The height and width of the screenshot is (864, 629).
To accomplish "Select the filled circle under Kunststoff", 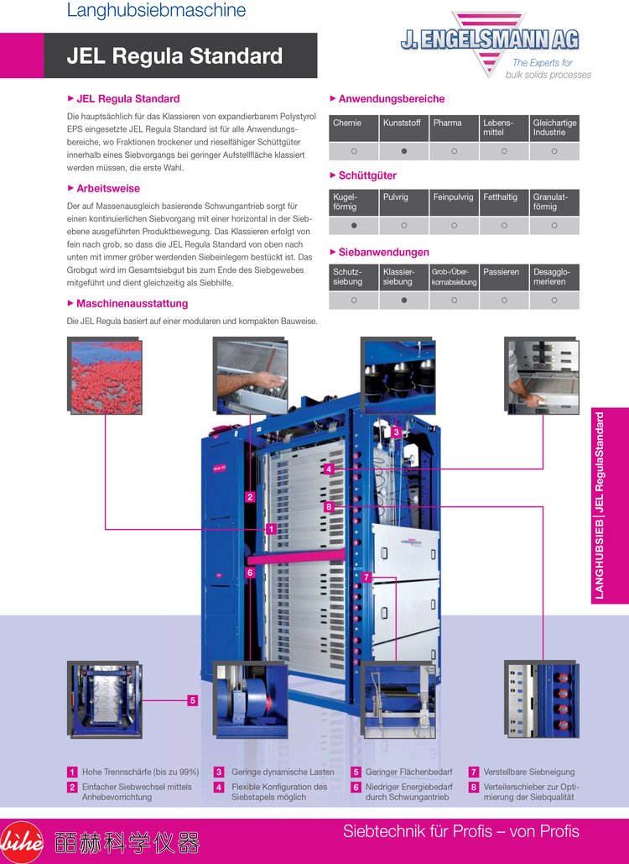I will (404, 151).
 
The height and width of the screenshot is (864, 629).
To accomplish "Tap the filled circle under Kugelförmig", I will (354, 226).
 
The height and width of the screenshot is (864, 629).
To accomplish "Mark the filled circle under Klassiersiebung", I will (404, 300).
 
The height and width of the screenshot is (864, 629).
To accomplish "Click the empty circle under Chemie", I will (354, 151).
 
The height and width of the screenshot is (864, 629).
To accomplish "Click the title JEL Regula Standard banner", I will (174, 56).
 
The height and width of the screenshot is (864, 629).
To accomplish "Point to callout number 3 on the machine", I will (396, 432).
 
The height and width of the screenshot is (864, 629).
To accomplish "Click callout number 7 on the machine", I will (366, 578).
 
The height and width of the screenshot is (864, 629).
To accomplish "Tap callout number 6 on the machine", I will (249, 573).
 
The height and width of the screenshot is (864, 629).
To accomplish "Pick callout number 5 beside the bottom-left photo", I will (192, 700).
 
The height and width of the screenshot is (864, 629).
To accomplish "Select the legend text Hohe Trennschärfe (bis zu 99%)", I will (140, 772).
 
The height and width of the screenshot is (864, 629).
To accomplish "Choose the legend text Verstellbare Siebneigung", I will (529, 772).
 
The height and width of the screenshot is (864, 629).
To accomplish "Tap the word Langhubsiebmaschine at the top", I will (156, 11).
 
